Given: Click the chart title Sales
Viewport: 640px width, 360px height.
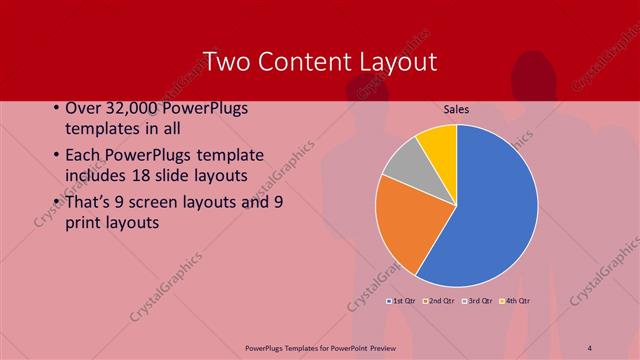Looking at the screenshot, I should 457,110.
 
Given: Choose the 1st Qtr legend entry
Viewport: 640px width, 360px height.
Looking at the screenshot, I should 402,300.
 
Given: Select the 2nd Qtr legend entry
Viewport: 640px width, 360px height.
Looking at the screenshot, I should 440,300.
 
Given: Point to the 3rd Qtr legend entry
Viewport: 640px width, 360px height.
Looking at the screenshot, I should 478,300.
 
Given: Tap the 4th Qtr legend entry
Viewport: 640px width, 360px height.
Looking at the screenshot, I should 515,300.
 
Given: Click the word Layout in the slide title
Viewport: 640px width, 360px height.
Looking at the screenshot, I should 397,61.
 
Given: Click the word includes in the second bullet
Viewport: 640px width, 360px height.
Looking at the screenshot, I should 98,177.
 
